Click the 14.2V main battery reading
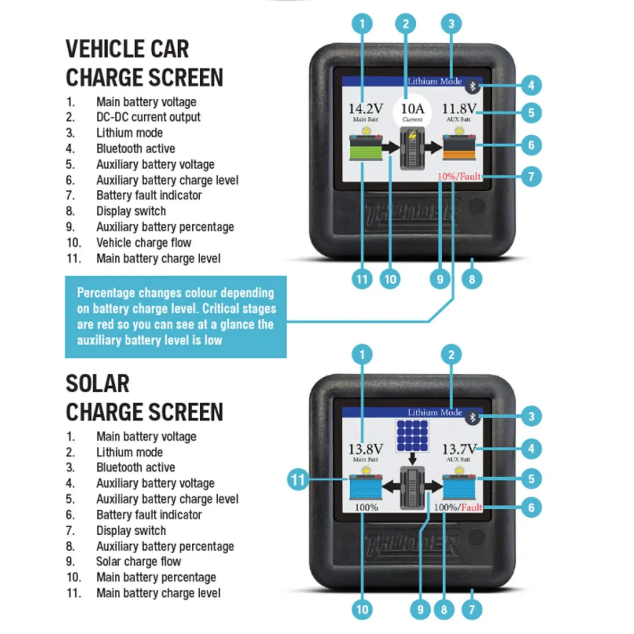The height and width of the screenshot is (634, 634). coord(365,109)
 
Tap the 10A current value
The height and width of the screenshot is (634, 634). coord(412,109)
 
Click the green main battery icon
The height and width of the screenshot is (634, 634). coord(365,147)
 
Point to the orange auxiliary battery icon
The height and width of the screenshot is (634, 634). coord(459,147)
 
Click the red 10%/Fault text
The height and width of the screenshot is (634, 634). coord(459,176)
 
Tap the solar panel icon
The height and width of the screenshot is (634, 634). coord(413,435)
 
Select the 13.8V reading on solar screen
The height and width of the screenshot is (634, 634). coord(365,449)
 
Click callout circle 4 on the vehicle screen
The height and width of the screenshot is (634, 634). coord(531,85)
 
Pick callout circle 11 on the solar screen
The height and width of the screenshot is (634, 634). coord(298,480)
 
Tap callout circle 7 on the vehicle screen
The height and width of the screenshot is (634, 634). coord(531,176)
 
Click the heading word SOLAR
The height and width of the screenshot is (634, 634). coord(97,384)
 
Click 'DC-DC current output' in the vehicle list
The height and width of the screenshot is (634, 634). coord(148,117)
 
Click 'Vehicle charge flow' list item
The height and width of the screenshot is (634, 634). coord(144,243)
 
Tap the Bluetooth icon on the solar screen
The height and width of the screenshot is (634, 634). coord(472,417)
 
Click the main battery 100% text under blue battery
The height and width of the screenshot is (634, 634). coord(366,508)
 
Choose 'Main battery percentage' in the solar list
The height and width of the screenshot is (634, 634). coord(156,577)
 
